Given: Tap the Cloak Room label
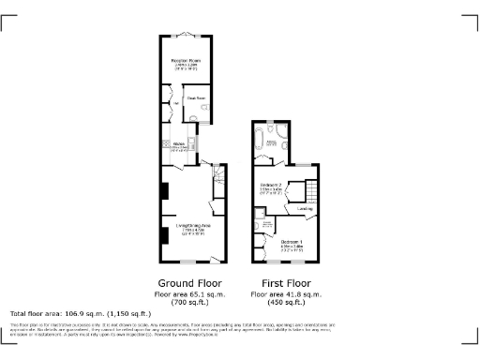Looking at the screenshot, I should (196, 97).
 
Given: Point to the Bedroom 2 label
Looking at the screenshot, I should (271, 187).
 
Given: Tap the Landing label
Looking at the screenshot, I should (305, 208).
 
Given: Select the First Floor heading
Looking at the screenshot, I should (286, 283).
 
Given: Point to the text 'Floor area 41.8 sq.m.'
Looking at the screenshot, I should (286, 294).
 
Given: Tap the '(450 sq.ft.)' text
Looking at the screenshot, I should (286, 303).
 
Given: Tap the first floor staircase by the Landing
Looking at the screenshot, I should (306, 191).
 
